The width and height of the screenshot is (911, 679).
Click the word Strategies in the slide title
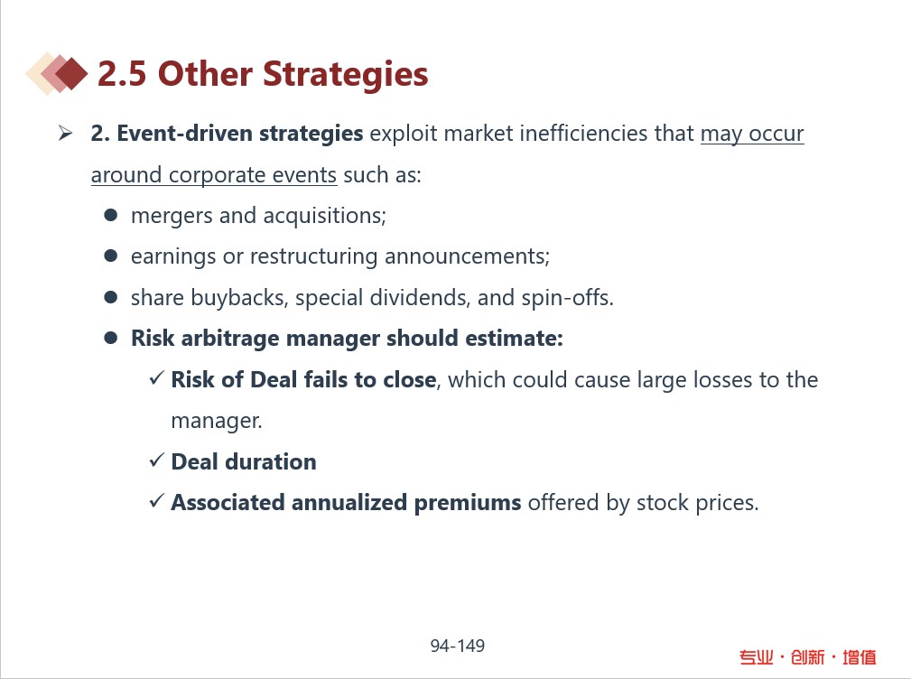pyautogui.click(x=345, y=75)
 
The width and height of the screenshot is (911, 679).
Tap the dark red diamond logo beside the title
pyautogui.click(x=71, y=74)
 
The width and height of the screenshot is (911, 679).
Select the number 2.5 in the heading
pyautogui.click(x=121, y=74)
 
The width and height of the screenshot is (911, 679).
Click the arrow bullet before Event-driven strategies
pyautogui.click(x=65, y=134)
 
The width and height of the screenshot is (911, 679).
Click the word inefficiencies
pyautogui.click(x=584, y=133)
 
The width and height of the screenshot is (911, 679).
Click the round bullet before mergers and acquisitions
pyautogui.click(x=110, y=216)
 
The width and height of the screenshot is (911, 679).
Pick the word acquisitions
pyautogui.click(x=324, y=216)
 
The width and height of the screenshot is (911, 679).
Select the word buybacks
pyautogui.click(x=238, y=297)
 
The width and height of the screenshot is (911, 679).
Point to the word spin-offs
pyautogui.click(x=567, y=297)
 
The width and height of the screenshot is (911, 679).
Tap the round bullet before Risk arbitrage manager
pyautogui.click(x=110, y=338)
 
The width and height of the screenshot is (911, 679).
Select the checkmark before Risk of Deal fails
pyautogui.click(x=157, y=378)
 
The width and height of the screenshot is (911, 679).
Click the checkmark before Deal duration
pyautogui.click(x=157, y=460)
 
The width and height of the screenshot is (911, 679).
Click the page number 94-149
pyautogui.click(x=457, y=646)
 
